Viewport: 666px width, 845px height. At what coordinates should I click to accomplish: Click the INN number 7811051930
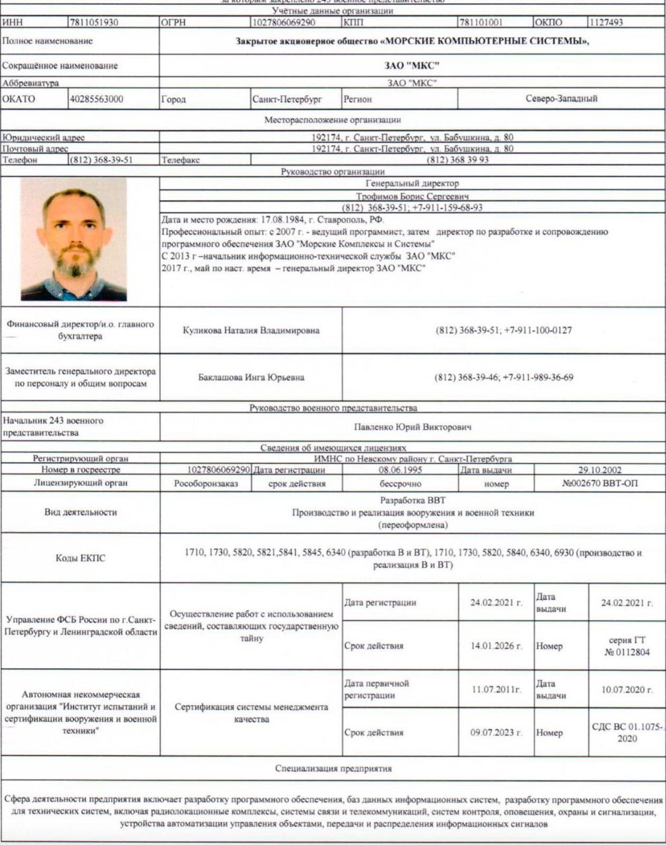[94, 22]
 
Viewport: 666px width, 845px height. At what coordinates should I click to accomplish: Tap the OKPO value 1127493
[607, 22]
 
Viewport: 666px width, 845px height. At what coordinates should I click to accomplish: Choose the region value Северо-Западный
[561, 99]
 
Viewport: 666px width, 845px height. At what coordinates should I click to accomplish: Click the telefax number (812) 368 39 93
[458, 160]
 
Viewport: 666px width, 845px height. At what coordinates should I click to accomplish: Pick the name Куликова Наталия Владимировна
[251, 331]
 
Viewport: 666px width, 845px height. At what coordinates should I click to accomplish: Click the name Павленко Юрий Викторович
[413, 427]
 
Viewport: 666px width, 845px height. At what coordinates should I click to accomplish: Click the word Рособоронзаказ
[206, 483]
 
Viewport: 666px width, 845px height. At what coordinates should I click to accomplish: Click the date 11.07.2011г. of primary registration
[496, 689]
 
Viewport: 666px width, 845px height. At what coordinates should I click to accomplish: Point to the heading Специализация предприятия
[333, 768]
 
